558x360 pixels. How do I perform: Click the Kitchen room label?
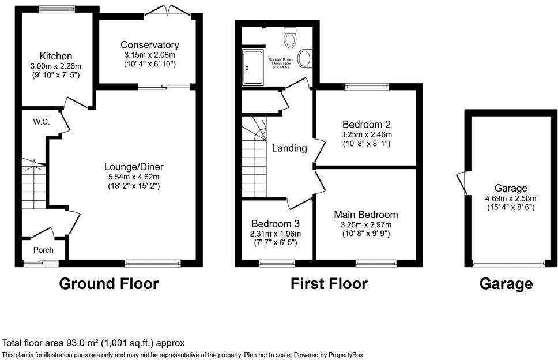click(x=56, y=56)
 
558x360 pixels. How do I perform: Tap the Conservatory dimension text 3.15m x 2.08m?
click(x=150, y=54)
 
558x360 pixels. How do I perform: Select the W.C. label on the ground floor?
click(x=40, y=122)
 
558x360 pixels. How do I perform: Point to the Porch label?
click(x=43, y=250)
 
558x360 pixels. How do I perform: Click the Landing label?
click(x=289, y=148)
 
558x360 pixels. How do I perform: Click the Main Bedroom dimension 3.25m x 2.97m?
click(x=366, y=224)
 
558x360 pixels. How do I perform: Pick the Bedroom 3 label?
click(x=275, y=224)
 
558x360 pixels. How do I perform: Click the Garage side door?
click(x=461, y=182)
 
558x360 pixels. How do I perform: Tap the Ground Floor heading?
click(x=109, y=283)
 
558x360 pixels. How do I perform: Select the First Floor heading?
click(x=329, y=283)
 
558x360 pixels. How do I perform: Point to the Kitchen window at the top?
click(x=56, y=9)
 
